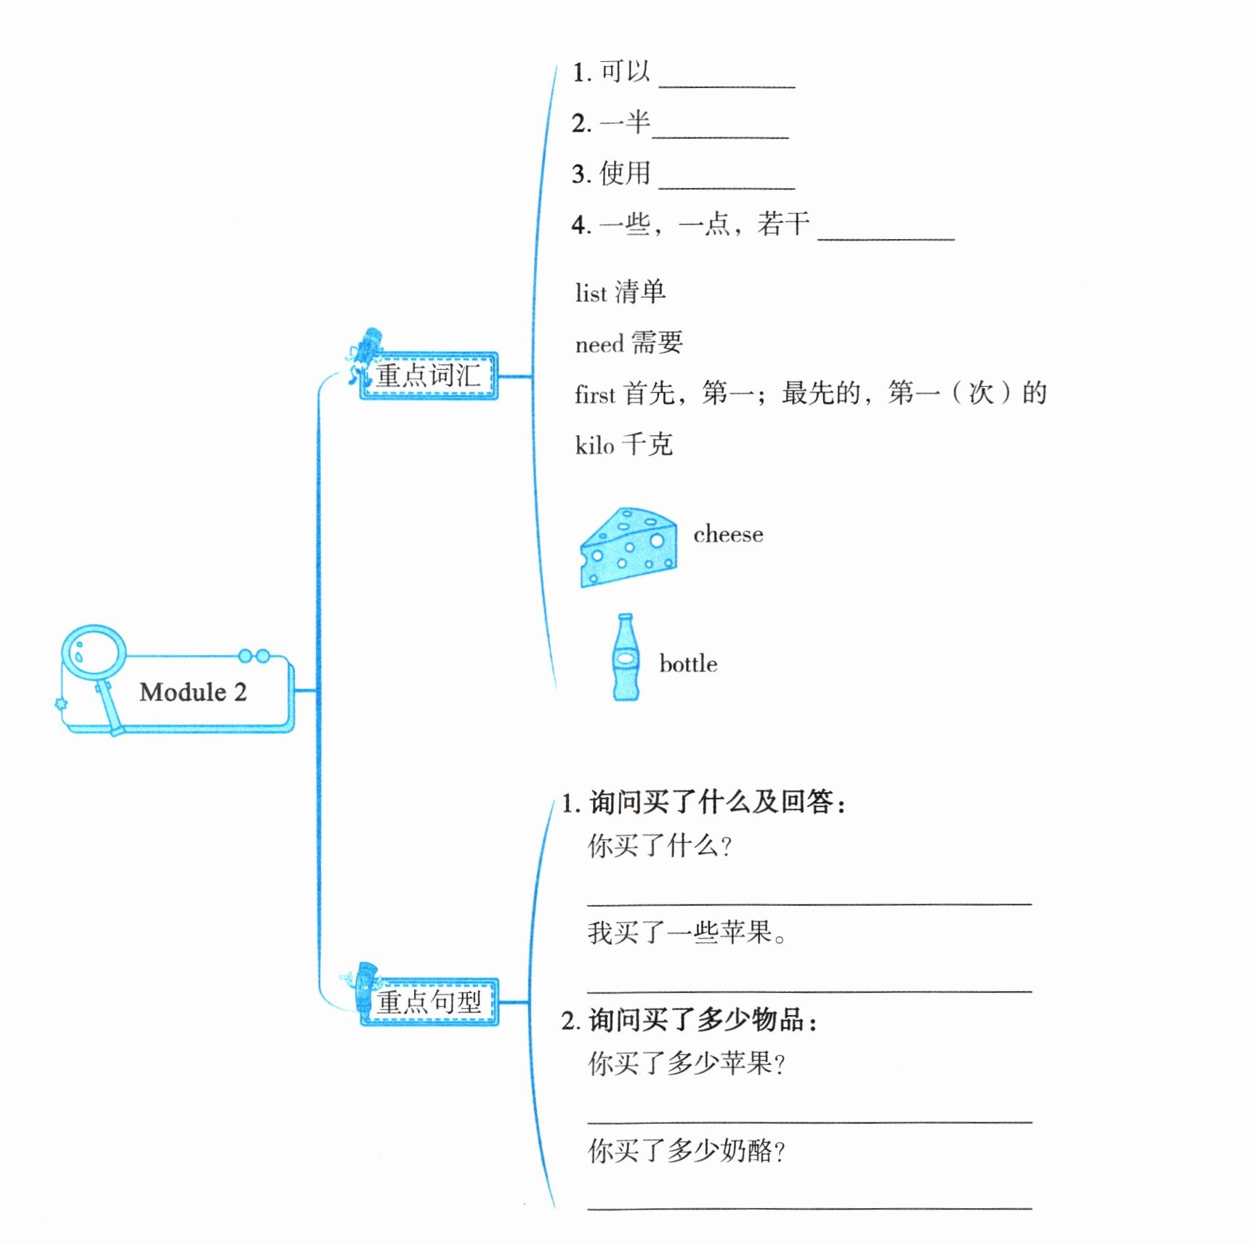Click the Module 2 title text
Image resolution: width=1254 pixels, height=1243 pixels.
(193, 692)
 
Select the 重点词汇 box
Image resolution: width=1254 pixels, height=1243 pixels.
(429, 376)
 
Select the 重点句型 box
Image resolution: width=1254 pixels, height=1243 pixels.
(429, 1002)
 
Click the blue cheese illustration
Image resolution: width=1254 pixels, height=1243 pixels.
(628, 547)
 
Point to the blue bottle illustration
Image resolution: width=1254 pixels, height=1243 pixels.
(626, 657)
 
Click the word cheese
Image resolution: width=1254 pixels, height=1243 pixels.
(728, 535)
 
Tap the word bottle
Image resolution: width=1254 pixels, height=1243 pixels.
(688, 664)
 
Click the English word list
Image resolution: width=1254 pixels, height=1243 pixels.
(590, 293)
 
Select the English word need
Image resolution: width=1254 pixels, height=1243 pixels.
(599, 344)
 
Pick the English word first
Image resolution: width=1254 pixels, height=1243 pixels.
(594, 395)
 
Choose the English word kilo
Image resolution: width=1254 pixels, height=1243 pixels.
(594, 445)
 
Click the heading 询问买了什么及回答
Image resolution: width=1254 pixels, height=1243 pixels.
(716, 802)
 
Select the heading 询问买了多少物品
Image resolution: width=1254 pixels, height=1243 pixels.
(702, 1020)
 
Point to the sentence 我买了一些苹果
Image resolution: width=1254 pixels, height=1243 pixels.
(687, 932)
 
